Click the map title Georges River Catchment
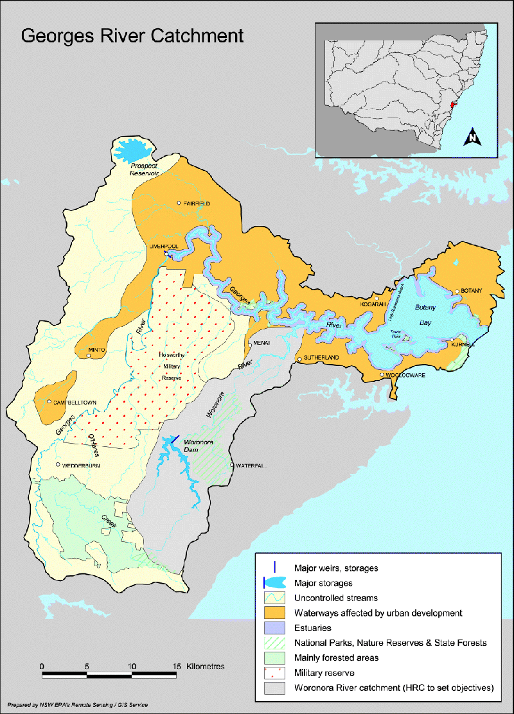(132, 35)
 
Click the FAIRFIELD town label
(197, 203)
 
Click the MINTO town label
(97, 350)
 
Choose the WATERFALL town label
(251, 466)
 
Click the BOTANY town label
(472, 291)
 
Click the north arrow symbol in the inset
(472, 136)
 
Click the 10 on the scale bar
(132, 666)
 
